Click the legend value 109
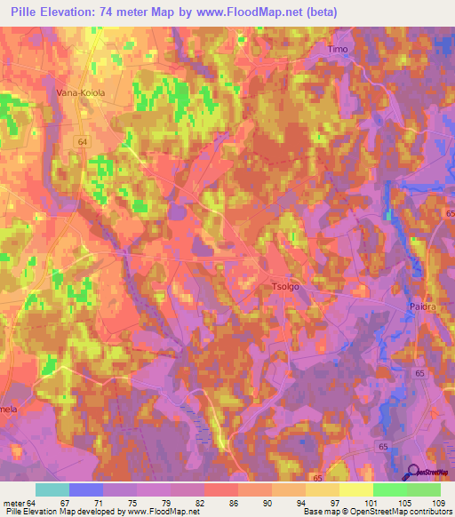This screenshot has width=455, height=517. (x=435, y=502)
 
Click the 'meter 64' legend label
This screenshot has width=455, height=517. (x=20, y=502)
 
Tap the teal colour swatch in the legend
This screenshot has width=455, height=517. (x=52, y=489)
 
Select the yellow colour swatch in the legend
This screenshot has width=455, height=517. (x=355, y=489)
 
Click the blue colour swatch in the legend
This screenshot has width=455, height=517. (x=85, y=489)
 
